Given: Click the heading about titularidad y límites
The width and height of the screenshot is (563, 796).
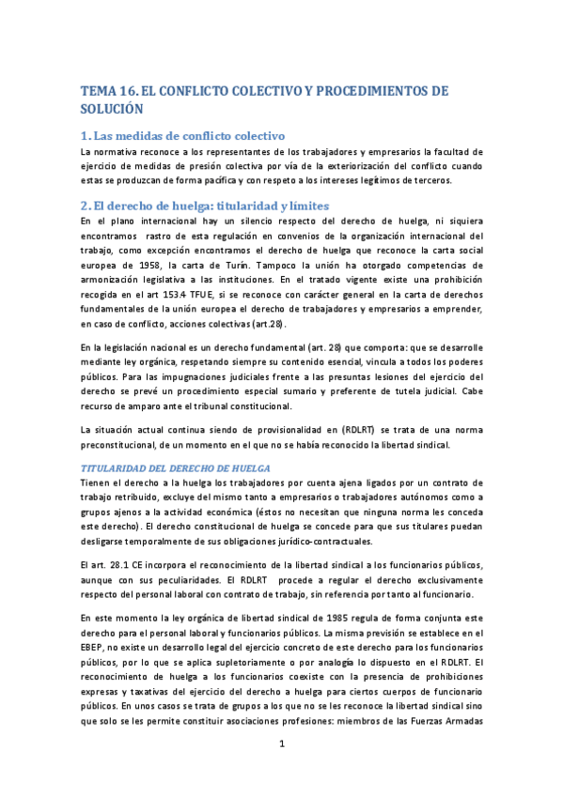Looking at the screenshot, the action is coord(206,206).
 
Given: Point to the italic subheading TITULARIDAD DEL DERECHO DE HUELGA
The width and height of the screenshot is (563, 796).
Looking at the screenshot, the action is coord(176,467).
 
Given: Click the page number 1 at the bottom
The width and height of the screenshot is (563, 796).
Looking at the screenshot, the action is coord(282,744).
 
